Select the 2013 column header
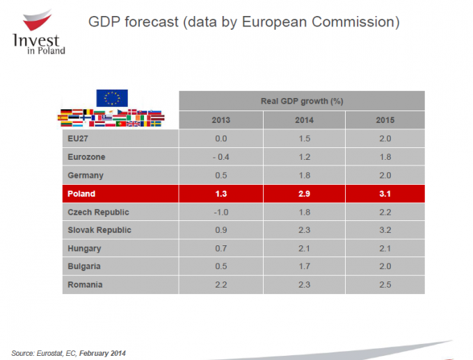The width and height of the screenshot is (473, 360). pyautogui.click(x=221, y=120)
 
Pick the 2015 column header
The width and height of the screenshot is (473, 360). pyautogui.click(x=385, y=120)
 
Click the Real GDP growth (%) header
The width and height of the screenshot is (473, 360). pyautogui.click(x=302, y=101)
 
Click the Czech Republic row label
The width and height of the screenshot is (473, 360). pyautogui.click(x=98, y=212)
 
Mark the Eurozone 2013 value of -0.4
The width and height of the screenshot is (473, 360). pyautogui.click(x=221, y=157)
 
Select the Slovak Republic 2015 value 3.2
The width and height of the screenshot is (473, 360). pyautogui.click(x=385, y=230)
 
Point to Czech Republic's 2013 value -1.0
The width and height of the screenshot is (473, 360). pyautogui.click(x=221, y=212)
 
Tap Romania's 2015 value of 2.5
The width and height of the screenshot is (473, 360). pyautogui.click(x=385, y=284)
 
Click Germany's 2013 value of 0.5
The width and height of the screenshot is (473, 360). pyautogui.click(x=221, y=176)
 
